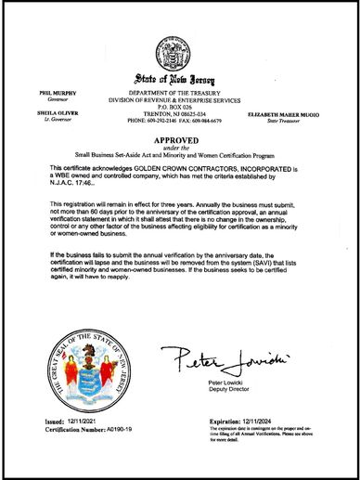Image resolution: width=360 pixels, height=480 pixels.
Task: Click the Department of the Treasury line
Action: [x=181, y=95]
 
